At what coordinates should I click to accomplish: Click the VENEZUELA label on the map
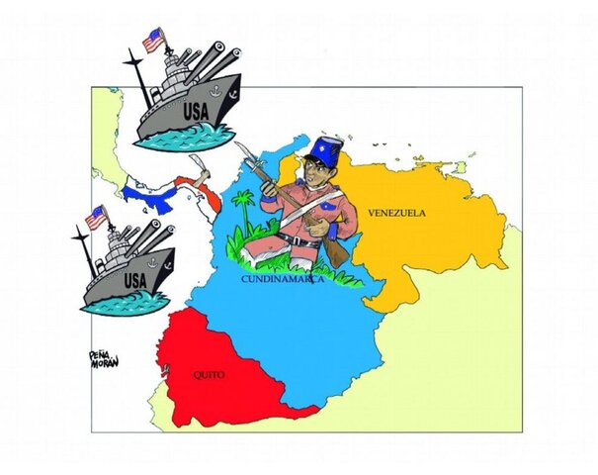[396, 213]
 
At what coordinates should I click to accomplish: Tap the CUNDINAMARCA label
[285, 280]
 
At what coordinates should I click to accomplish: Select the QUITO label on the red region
[209, 376]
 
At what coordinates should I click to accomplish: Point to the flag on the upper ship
[152, 41]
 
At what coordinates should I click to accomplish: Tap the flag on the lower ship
[96, 218]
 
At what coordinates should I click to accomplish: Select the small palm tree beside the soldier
[242, 209]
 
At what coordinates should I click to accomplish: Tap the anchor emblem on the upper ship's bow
[227, 95]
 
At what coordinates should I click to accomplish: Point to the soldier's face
[314, 178]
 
